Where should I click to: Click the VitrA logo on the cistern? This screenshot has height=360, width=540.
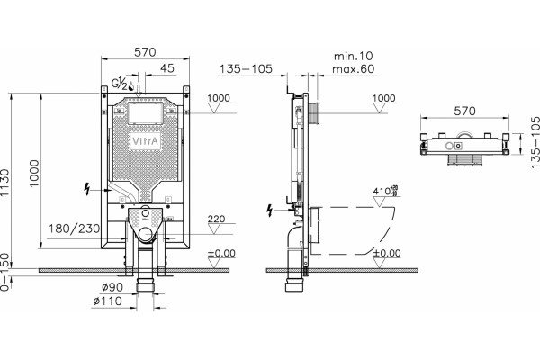pyautogui.click(x=146, y=141)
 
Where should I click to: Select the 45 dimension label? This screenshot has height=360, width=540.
pyautogui.click(x=167, y=67)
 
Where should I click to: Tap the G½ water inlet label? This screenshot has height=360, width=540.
pyautogui.click(x=120, y=84)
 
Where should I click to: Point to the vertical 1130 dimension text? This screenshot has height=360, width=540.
pyautogui.click(x=4, y=183)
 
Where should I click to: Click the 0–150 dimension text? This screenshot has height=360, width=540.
pyautogui.click(x=4, y=273)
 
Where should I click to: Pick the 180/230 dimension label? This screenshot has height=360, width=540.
pyautogui.click(x=74, y=229)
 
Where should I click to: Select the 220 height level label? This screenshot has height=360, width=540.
pyautogui.click(x=216, y=219)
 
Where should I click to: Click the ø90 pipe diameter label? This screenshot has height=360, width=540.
pyautogui.click(x=112, y=287)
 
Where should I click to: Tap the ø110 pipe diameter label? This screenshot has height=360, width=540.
pyautogui.click(x=107, y=301)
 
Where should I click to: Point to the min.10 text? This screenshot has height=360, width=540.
pyautogui.click(x=354, y=56)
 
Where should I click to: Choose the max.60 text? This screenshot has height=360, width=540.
pyautogui.click(x=354, y=68)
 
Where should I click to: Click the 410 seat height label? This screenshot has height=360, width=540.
pyautogui.click(x=386, y=191)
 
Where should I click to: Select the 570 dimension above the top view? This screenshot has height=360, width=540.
pyautogui.click(x=464, y=111)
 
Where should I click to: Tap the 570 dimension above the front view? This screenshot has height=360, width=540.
pyautogui.click(x=145, y=52)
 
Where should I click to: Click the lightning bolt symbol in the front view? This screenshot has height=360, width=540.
pyautogui.click(x=87, y=189)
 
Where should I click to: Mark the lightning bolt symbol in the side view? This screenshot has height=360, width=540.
pyautogui.click(x=270, y=211)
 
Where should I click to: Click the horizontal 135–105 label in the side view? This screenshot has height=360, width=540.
pyautogui.click(x=246, y=69)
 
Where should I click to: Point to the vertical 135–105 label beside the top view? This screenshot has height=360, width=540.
pyautogui.click(x=535, y=142)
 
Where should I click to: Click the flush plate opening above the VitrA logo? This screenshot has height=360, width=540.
pyautogui.click(x=145, y=113)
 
